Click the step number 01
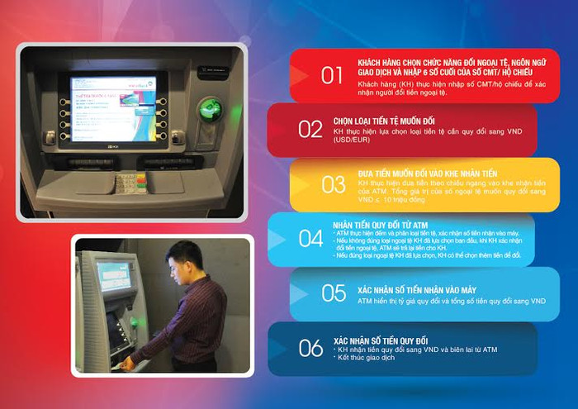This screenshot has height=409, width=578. [332, 75]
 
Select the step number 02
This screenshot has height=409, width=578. [310, 128]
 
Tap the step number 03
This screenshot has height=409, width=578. [334, 183]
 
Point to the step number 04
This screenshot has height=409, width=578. [310, 238]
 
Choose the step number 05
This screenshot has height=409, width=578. [334, 292]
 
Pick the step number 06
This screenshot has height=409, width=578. [310, 347]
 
